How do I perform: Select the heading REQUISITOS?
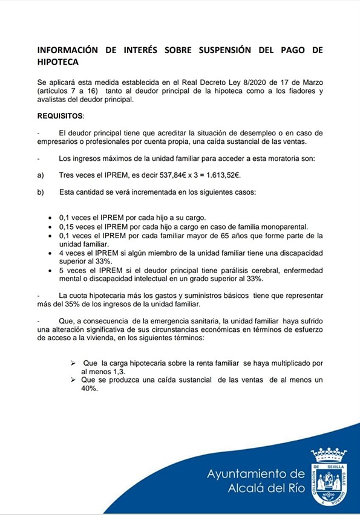pos(60,115)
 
